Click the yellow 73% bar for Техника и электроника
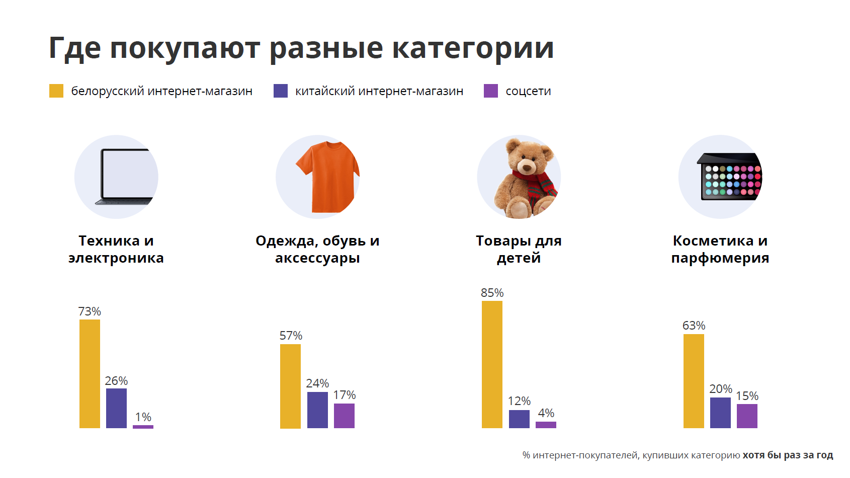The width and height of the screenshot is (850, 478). coord(90,374)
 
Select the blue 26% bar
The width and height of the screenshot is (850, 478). coord(116,408)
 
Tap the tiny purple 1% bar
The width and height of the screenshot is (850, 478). coord(143,427)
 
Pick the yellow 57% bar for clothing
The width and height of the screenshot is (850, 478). coord(290,386)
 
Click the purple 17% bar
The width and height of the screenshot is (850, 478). coord(344,416)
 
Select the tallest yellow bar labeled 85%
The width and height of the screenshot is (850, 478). coord(492,364)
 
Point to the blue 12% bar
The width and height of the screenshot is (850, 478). coord(519,419)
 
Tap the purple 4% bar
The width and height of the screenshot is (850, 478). coord(546,425)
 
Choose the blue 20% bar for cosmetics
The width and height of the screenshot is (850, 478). coord(720,413)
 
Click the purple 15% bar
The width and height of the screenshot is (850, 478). coord(747,416)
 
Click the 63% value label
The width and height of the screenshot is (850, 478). coord(694,326)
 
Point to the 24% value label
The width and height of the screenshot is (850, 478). coord(317,383)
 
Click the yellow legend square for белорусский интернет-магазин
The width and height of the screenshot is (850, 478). coord(56,91)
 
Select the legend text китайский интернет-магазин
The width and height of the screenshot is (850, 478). coord(379,91)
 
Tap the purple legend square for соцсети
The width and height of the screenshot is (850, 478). coord(490,91)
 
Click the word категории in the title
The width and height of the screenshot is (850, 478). coord(472,48)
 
